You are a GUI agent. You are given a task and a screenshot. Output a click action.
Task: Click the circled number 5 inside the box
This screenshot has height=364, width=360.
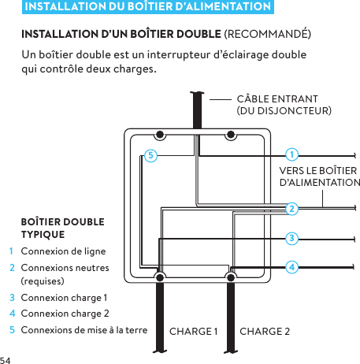click(x=150, y=154)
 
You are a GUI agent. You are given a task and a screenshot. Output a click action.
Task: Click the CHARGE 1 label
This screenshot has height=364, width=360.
click(x=194, y=330)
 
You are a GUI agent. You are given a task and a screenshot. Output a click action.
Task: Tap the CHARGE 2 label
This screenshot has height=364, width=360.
click(x=265, y=330)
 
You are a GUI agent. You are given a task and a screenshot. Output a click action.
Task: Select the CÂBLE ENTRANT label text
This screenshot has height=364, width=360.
click(x=277, y=99)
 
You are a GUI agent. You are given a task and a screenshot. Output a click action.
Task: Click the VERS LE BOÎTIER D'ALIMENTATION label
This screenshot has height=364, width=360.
click(x=319, y=177)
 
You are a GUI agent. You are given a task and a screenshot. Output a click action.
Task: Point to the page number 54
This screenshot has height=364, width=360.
click(x=7, y=358)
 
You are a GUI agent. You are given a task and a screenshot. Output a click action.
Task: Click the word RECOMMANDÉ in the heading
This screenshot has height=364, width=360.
click(x=268, y=35)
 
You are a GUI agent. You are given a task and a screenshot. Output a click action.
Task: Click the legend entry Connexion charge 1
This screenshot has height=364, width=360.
click(x=65, y=298)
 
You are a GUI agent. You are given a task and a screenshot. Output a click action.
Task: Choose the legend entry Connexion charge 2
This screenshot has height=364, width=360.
click(x=65, y=314)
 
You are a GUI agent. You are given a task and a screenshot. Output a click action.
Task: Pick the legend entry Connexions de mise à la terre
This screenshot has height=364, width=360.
click(x=84, y=329)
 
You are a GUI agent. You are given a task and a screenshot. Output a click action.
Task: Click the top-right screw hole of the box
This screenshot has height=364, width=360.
click(x=232, y=134)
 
